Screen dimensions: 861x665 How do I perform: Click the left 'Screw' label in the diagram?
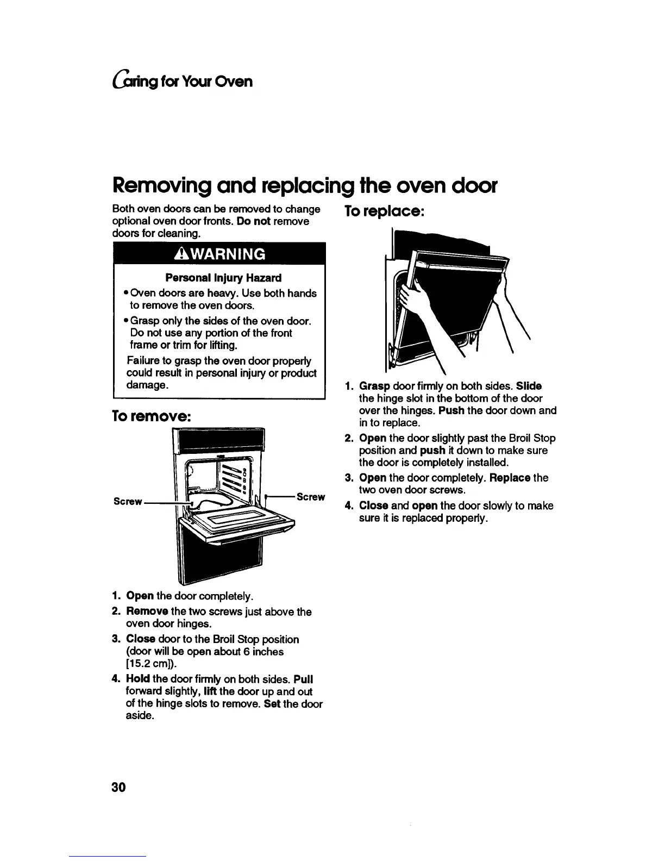point(128,501)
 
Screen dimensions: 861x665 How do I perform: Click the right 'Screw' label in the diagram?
point(311,497)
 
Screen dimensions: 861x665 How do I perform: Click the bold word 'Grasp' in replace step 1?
point(374,386)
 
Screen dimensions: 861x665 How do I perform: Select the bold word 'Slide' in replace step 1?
point(529,386)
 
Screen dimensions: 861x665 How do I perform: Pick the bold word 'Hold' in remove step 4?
point(138,679)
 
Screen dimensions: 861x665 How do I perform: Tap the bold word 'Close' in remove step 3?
point(140,639)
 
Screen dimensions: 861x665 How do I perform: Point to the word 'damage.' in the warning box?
point(147,385)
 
